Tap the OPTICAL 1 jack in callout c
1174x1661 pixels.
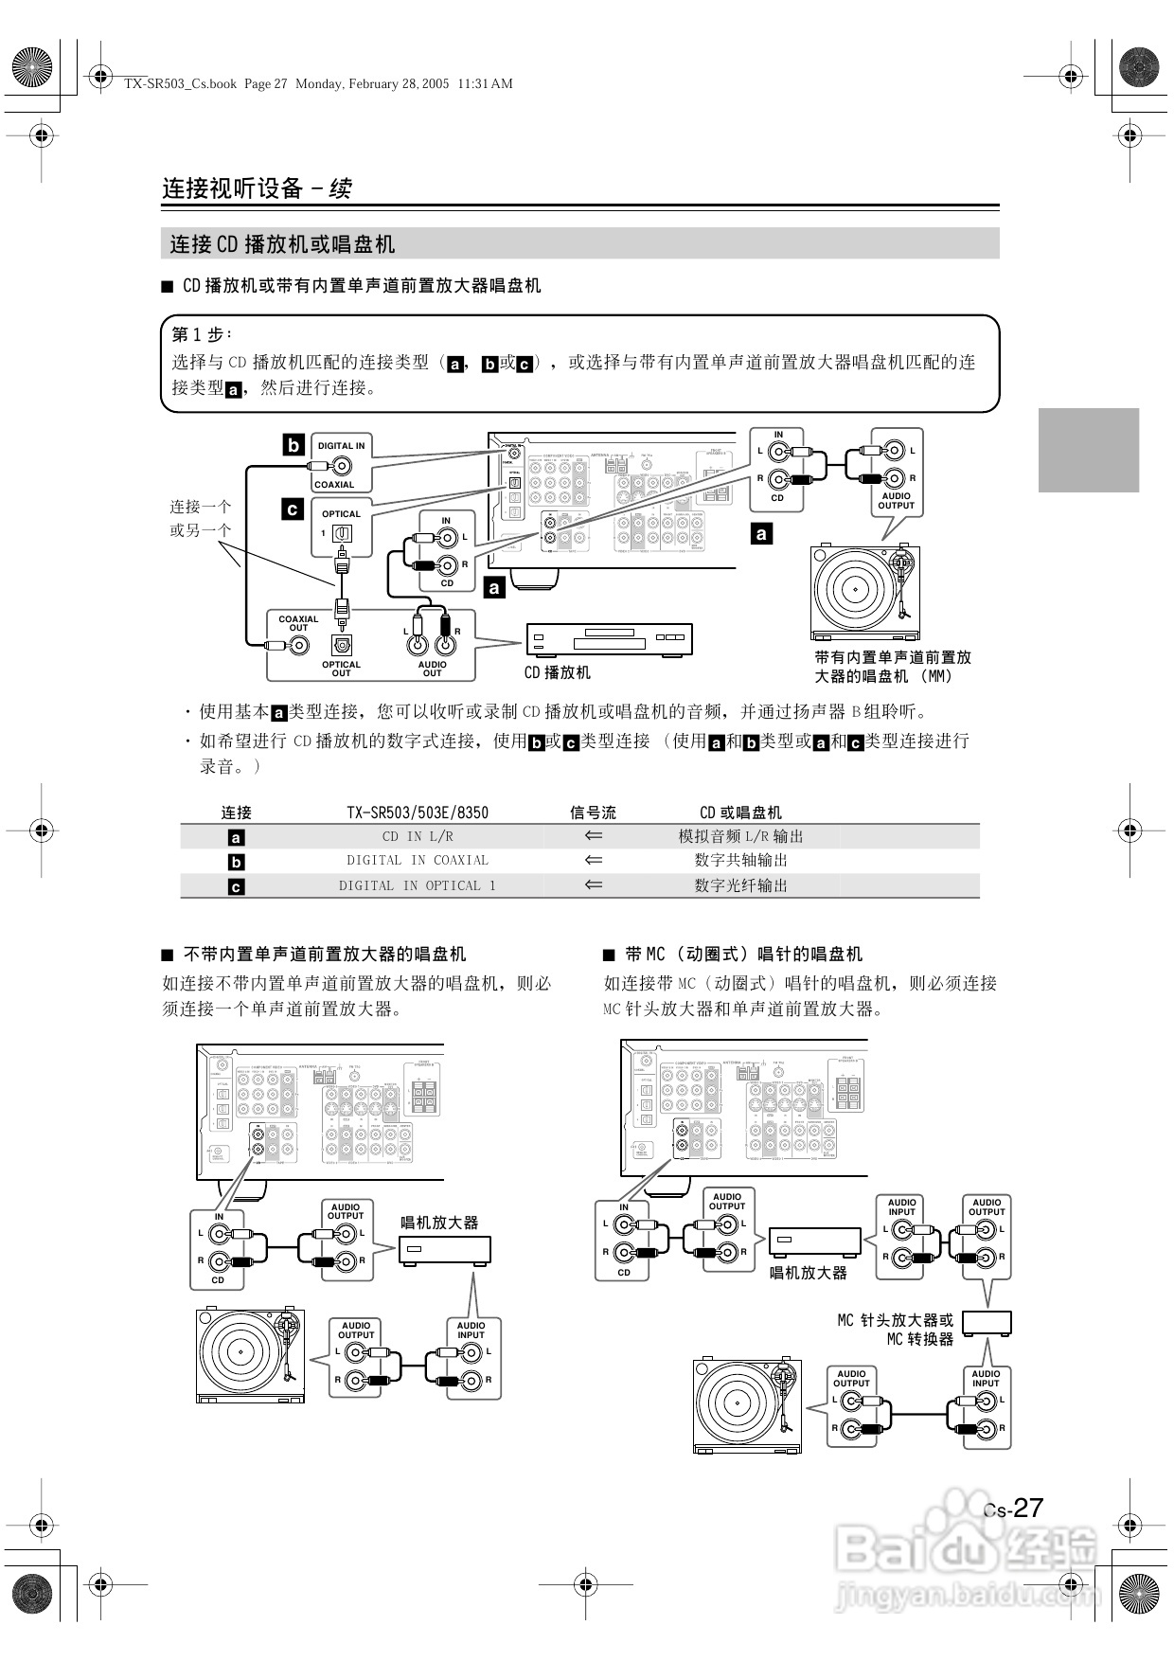click(x=342, y=534)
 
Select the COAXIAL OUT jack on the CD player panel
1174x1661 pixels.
click(x=299, y=646)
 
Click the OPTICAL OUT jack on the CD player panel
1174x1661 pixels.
click(x=342, y=645)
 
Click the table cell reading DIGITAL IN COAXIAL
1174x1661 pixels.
click(x=418, y=861)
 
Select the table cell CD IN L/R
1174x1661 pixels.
click(x=418, y=836)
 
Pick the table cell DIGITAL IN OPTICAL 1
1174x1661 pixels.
click(x=418, y=886)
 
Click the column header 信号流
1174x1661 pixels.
click(x=593, y=813)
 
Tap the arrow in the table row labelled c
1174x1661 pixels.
click(x=594, y=885)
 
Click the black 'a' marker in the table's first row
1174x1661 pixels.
click(x=237, y=837)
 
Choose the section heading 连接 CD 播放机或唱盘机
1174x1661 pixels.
click(x=282, y=244)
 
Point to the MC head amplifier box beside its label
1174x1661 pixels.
click(x=987, y=1323)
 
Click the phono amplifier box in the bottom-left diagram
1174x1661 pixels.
click(x=445, y=1250)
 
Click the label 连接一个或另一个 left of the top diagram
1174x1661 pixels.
click(x=200, y=518)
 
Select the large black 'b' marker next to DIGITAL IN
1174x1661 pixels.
click(x=293, y=445)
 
